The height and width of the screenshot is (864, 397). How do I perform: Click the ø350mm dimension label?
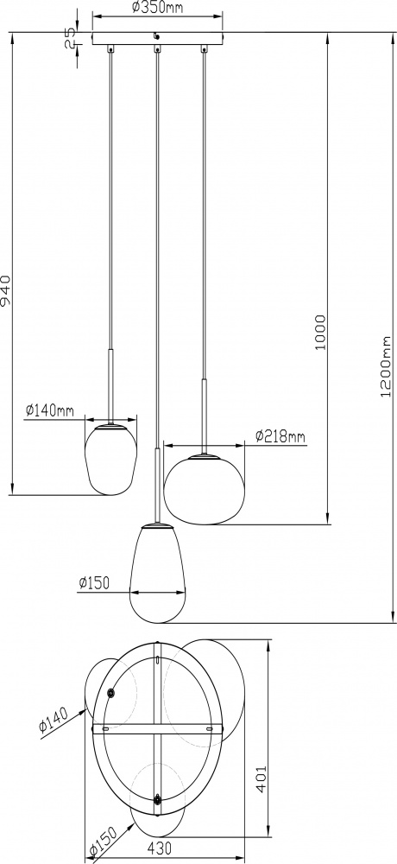click(157, 7)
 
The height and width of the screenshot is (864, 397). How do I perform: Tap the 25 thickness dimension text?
click(70, 39)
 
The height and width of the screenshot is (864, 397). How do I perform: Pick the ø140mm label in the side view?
click(49, 410)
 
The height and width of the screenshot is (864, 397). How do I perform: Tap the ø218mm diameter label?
click(280, 437)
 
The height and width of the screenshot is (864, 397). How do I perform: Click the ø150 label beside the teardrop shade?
click(93, 582)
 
